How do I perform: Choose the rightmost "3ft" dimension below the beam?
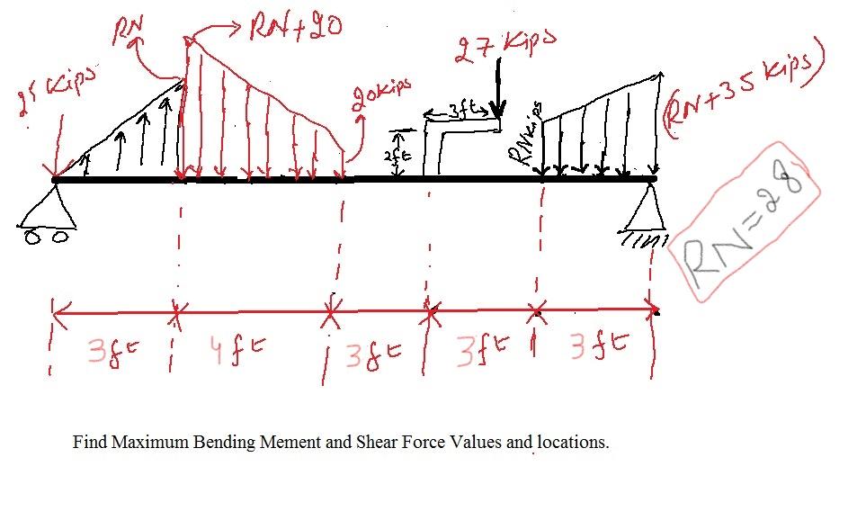click(597, 346)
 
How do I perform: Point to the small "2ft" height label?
click(397, 156)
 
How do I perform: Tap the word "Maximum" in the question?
click(149, 443)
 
